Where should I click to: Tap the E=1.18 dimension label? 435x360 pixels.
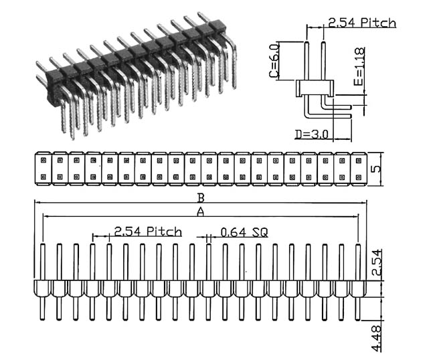[x=359, y=66]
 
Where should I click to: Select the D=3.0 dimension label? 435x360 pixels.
[x=311, y=134]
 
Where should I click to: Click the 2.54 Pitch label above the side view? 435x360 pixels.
[x=362, y=23]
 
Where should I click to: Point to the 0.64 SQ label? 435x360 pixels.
[x=244, y=232]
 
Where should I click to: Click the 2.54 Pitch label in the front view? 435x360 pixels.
[x=148, y=232]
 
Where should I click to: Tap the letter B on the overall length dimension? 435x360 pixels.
[x=201, y=198]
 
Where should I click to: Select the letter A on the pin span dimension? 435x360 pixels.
[x=200, y=212]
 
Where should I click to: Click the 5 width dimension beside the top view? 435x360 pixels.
[x=375, y=169]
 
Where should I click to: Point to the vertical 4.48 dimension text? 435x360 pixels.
[x=376, y=339]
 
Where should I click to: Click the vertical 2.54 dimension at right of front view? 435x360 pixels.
[x=377, y=262]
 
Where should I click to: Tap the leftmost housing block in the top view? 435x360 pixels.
[x=43, y=169]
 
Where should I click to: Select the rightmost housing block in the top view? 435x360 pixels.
[x=359, y=169]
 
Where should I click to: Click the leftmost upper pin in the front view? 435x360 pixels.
[x=43, y=262]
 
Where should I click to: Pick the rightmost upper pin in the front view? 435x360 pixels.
[x=358, y=262]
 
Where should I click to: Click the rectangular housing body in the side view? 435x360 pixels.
[x=315, y=88]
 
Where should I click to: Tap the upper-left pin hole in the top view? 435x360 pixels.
[x=43, y=161]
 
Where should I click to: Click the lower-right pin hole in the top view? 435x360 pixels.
[x=359, y=177]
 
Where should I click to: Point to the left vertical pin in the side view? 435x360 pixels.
[x=307, y=61]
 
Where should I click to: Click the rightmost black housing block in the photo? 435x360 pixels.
[x=217, y=26]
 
